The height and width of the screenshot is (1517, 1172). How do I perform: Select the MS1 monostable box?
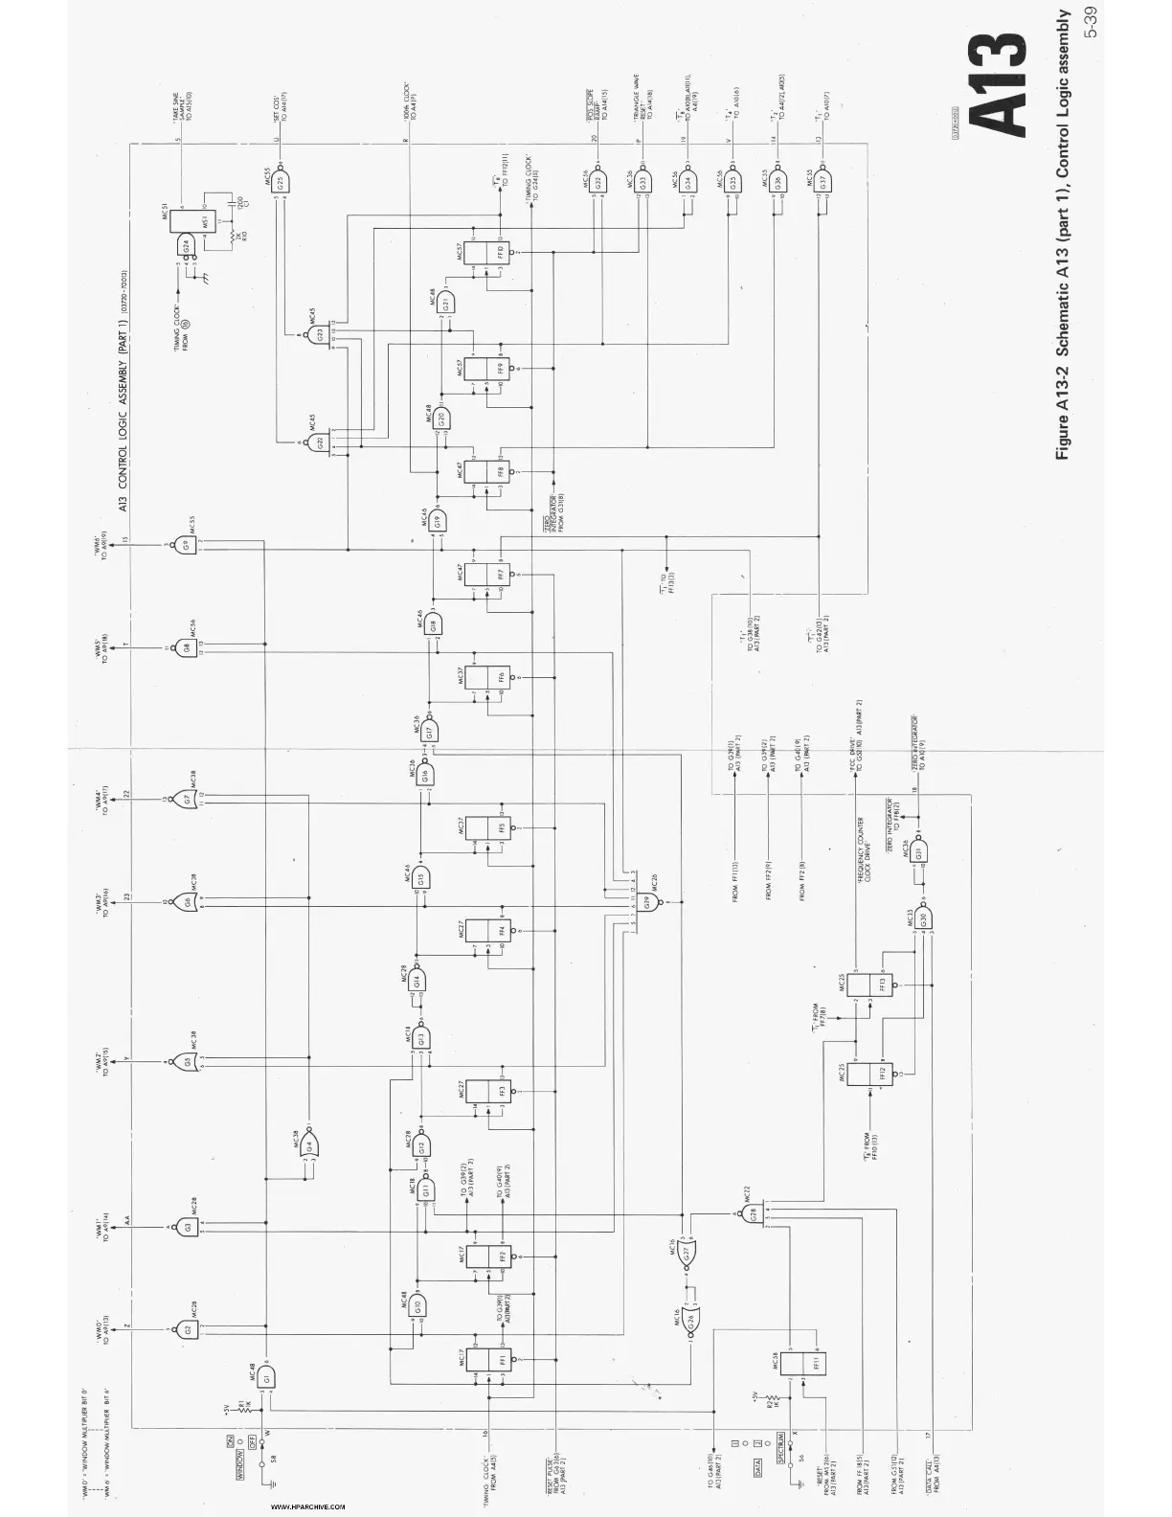click(204, 221)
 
